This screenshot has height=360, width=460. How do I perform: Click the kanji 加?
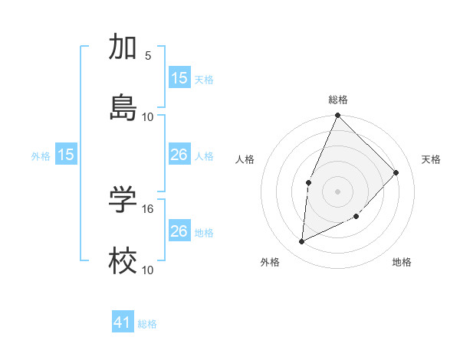tap(123, 47)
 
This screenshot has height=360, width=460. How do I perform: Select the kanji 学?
tap(123, 201)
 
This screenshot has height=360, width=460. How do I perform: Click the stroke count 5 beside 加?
tap(148, 55)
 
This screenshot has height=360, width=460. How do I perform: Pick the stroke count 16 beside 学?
tap(148, 208)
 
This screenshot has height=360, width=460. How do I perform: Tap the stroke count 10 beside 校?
tap(148, 270)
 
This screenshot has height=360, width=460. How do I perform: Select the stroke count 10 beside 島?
tap(148, 116)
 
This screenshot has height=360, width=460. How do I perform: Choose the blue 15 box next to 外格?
tap(66, 155)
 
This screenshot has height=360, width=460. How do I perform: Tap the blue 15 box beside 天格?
tap(179, 78)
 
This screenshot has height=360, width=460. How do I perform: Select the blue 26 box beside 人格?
tap(179, 155)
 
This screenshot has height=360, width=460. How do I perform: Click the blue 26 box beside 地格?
tap(179, 231)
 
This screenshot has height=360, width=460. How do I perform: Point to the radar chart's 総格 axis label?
tap(338, 100)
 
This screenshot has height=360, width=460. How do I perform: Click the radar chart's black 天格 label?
tap(431, 159)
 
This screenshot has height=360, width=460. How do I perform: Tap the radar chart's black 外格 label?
tap(270, 263)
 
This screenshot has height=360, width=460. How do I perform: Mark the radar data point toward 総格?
tap(338, 116)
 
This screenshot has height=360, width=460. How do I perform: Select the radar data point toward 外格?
tap(302, 241)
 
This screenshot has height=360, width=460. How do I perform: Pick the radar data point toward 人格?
tap(308, 182)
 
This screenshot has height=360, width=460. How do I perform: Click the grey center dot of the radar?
tap(338, 191)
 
